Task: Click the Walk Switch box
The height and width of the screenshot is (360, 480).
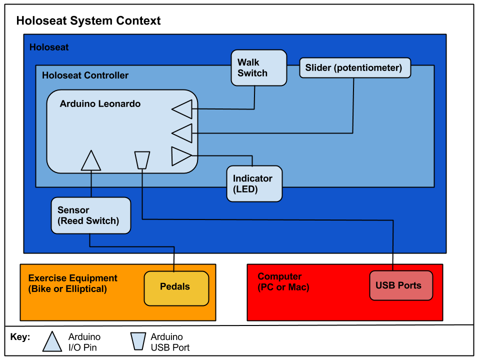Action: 258,67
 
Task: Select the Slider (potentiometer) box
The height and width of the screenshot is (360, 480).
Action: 354,67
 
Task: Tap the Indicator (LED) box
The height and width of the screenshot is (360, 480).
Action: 254,183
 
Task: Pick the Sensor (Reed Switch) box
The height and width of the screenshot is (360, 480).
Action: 90,215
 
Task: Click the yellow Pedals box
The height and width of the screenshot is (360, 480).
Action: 176,287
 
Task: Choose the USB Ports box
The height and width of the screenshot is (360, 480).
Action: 400,285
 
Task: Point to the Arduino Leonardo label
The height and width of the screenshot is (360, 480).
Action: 100,104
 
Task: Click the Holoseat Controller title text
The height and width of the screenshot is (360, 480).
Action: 85,75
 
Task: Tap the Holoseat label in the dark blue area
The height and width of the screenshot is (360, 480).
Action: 49,47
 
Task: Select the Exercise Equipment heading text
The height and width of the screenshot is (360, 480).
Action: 72,278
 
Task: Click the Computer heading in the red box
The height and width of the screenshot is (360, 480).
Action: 279,276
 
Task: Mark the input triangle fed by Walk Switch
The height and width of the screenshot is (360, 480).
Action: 182,109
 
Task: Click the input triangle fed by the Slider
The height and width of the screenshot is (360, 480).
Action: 182,133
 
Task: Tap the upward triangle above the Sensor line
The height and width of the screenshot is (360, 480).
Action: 91,161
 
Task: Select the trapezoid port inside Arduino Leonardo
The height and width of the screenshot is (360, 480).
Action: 142,160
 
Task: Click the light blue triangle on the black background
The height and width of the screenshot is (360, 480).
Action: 52,343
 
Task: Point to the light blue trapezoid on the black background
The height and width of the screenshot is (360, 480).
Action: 138,341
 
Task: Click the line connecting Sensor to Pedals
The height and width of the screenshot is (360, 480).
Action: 132,246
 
